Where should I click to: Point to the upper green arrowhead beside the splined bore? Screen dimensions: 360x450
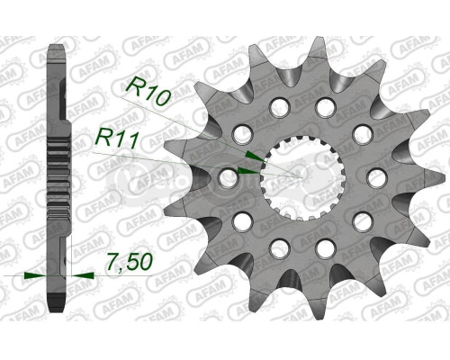click(254, 155)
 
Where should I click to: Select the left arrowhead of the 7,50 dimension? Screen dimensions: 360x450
click(34, 273)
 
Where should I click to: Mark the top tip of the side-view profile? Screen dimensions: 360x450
click(57, 45)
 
